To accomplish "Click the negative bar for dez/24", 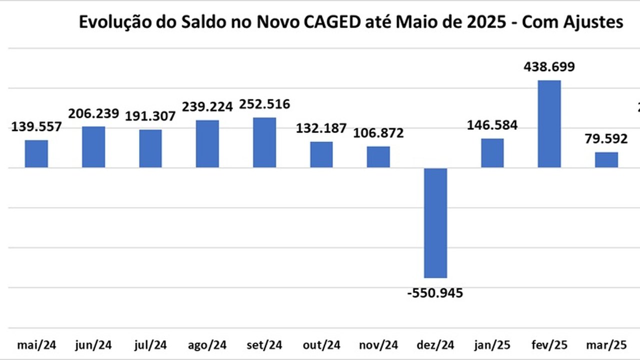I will point(435,222).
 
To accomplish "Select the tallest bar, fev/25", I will point(549,123).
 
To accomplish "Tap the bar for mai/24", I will point(36,153).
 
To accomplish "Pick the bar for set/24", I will point(264,142).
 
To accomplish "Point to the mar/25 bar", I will point(606,159).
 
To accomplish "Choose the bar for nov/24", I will point(378,157).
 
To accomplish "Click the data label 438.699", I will point(549,67).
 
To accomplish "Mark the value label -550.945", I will point(435,293).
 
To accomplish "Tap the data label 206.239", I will point(93,113).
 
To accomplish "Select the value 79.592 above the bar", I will point(606,140).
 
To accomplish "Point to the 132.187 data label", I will point(321,128).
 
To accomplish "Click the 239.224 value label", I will point(207,107).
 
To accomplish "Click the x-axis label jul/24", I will point(150,345).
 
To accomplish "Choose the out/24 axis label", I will point(321,345).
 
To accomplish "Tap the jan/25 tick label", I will point(492,345).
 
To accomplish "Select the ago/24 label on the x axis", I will point(207,345).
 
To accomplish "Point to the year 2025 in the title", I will point(477,22).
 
